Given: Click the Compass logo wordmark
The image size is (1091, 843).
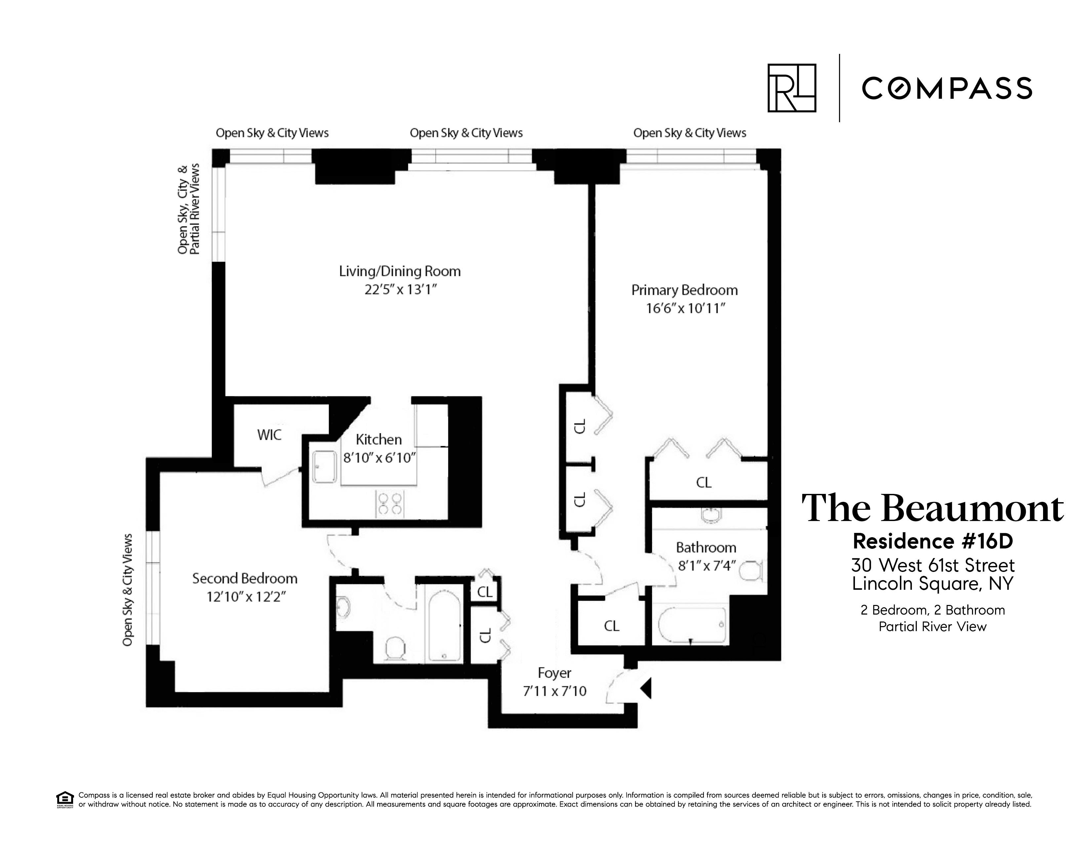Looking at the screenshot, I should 947,88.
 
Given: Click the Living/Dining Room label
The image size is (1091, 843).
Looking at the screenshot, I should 400,271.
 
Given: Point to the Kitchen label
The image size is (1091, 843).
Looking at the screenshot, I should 379,439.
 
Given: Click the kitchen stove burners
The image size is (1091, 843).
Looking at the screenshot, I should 390,504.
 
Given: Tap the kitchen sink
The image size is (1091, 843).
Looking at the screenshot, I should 324,467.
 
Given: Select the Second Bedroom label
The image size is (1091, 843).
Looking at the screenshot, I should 245,578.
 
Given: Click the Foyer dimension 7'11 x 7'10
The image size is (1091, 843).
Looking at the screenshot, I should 554,691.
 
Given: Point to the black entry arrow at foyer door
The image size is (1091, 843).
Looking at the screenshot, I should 646,688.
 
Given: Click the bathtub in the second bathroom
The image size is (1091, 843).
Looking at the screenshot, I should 444,628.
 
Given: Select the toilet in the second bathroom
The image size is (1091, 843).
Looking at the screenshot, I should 396,649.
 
